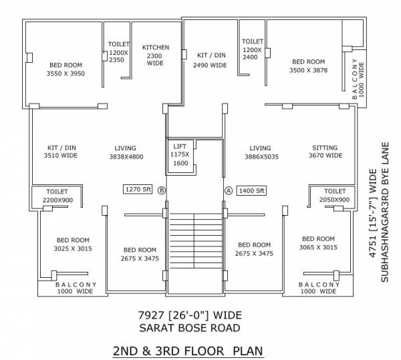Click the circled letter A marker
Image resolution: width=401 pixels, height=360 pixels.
(x=228, y=190)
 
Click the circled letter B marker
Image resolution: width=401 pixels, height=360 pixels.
(x=161, y=190)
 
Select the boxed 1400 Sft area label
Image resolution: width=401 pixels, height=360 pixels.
(x=251, y=190)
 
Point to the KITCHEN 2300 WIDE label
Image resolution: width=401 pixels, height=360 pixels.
(x=156, y=55)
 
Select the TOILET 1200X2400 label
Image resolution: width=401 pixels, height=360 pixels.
(x=251, y=49)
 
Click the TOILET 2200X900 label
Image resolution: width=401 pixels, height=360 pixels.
(x=55, y=196)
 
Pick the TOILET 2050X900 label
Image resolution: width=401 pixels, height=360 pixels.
(x=334, y=195)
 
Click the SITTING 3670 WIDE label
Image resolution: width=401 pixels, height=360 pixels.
(x=325, y=152)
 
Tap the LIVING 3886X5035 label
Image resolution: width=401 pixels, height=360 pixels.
(x=260, y=152)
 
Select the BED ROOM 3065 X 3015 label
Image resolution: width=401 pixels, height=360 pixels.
(x=318, y=242)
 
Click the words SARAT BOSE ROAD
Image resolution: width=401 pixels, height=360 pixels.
(x=190, y=328)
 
